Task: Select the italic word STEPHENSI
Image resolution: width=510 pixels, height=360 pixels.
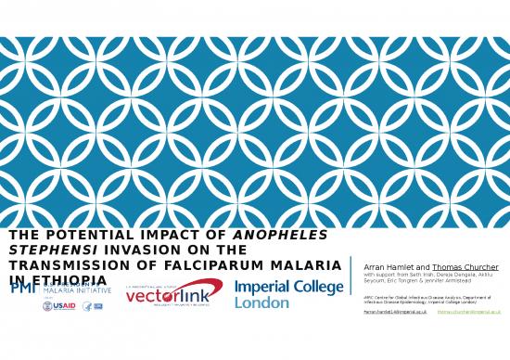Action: coord(46,250)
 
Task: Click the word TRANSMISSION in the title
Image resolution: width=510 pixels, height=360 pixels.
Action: coord(70,265)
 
